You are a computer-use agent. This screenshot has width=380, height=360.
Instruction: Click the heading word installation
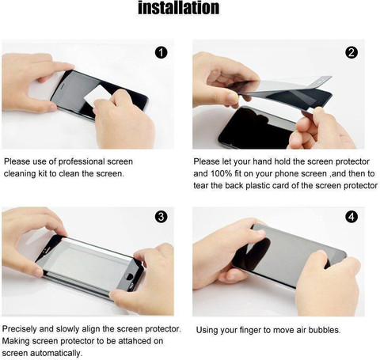(179, 8)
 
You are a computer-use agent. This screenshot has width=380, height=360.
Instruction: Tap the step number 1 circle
(161, 53)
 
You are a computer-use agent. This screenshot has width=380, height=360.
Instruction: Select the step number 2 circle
(351, 53)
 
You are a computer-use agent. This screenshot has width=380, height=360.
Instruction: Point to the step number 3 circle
(161, 217)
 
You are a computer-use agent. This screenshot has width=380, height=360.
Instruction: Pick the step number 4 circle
(351, 217)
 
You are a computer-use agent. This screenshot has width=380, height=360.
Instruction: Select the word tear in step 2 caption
(200, 185)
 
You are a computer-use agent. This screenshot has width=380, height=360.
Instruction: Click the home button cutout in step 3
(130, 277)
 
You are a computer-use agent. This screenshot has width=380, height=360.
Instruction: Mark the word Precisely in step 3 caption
(19, 329)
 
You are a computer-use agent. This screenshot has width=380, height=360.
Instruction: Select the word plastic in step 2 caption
(257, 186)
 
